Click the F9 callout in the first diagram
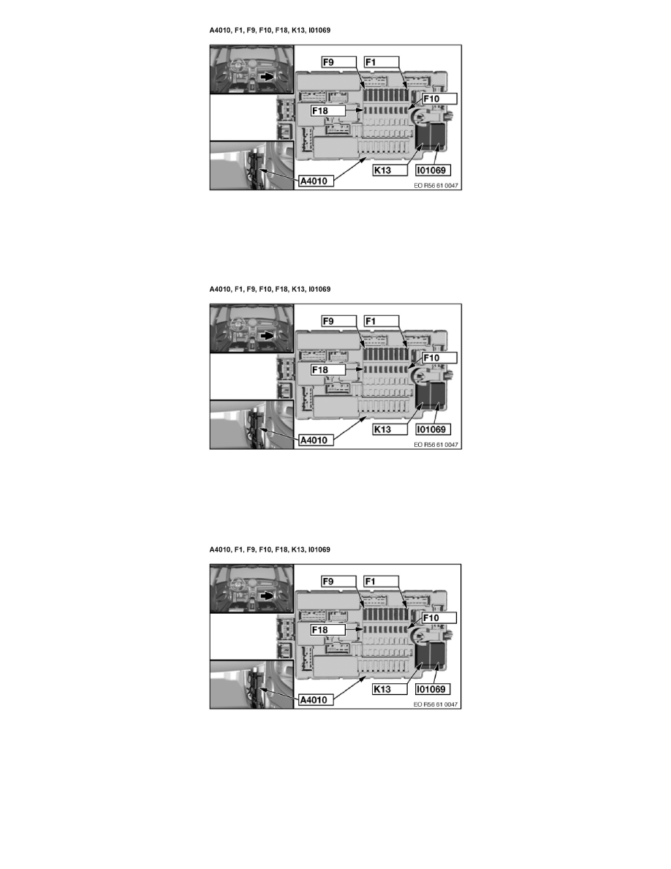click(x=339, y=62)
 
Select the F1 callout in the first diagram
click(x=382, y=62)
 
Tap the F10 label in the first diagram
click(x=439, y=99)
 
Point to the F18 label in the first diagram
click(x=328, y=111)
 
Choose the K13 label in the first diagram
click(x=390, y=170)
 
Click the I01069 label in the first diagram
click(x=433, y=170)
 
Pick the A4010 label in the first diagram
click(x=316, y=181)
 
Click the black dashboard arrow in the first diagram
click(x=267, y=77)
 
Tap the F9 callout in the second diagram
click(x=339, y=321)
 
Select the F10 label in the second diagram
click(x=439, y=358)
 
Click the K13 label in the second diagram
click(x=390, y=429)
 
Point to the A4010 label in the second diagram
click(x=316, y=440)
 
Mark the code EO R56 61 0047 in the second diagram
click(x=436, y=445)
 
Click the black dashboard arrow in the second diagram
click(x=267, y=335)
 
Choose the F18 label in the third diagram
click(x=327, y=630)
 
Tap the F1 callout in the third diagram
click(x=382, y=582)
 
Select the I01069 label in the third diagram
click(x=433, y=689)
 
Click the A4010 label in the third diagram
click(x=316, y=700)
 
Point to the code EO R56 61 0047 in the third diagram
click(x=436, y=704)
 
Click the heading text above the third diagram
click(x=270, y=549)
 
